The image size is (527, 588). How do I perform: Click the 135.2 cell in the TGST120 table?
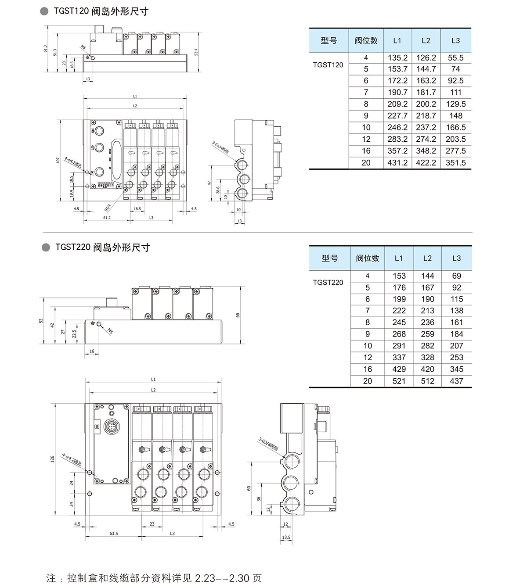[x=397, y=58]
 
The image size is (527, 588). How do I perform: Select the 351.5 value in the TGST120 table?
[x=455, y=163]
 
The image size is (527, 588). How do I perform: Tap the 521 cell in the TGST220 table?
[x=399, y=381]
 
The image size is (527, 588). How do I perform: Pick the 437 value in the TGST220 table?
[x=456, y=381]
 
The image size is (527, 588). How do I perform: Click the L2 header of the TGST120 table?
[x=426, y=40]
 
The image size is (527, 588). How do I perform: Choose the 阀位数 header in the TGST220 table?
[x=367, y=258]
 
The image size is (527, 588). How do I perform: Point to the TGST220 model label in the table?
[x=328, y=282]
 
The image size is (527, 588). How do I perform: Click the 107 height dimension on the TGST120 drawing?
[x=58, y=160]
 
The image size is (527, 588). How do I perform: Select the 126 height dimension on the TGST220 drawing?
[x=52, y=459]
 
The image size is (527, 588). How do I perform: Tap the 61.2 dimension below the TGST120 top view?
[x=107, y=218]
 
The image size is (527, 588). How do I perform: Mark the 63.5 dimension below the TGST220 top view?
[x=113, y=534]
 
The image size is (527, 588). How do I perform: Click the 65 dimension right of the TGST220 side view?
[x=238, y=315]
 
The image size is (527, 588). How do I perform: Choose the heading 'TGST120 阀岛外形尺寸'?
[x=101, y=11]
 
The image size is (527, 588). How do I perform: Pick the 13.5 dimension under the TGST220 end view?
[x=286, y=537]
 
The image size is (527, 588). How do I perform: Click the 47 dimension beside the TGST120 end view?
[x=210, y=183]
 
